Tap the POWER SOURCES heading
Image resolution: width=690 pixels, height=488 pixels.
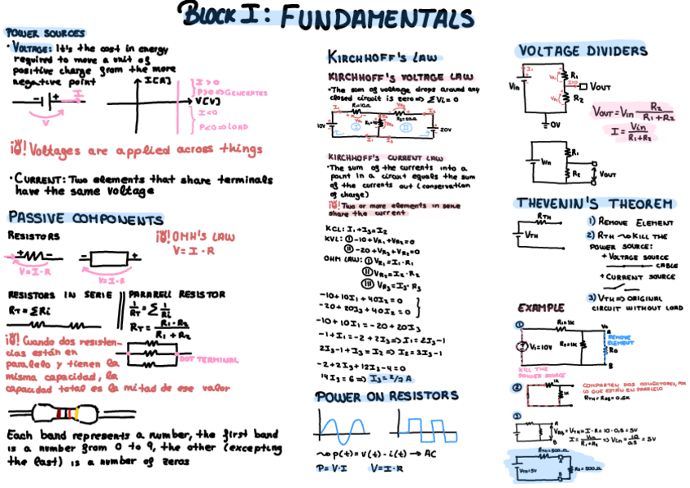coord(45,33)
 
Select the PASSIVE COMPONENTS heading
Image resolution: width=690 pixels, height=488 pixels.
coord(85,218)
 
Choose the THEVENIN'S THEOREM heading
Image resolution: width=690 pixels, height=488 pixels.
coord(595,203)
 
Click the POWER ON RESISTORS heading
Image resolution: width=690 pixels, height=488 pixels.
coord(386,396)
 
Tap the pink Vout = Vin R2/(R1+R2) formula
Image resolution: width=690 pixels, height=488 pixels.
coord(625,111)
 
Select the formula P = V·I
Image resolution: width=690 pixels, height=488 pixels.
coord(331,468)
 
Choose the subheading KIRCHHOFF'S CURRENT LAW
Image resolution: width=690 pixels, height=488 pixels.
coord(385,156)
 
